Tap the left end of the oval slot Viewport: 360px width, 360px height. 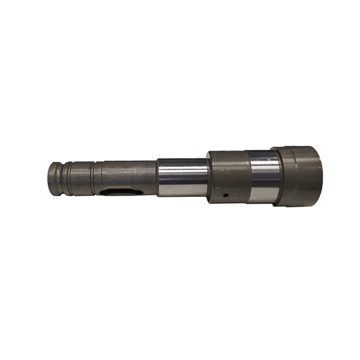104,191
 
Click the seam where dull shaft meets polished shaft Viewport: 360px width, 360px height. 156,177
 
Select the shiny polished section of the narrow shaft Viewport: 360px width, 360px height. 181,177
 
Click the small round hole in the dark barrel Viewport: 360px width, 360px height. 227,195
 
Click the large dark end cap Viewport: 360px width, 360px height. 299,175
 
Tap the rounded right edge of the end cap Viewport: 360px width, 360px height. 321,175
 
